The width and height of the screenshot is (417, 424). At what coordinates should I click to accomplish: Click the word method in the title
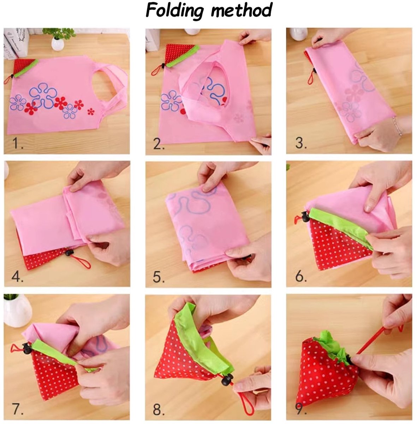(241, 10)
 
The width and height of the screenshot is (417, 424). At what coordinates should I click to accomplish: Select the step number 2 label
(159, 144)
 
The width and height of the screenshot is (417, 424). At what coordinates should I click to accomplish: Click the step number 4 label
(17, 276)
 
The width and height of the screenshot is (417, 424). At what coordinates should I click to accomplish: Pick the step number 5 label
(159, 277)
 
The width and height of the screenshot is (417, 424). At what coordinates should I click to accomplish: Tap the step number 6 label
(301, 276)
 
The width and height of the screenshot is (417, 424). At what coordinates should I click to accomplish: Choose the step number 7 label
(18, 409)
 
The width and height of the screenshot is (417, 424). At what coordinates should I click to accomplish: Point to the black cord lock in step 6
(306, 216)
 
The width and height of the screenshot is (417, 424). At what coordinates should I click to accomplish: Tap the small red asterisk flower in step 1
(91, 112)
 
